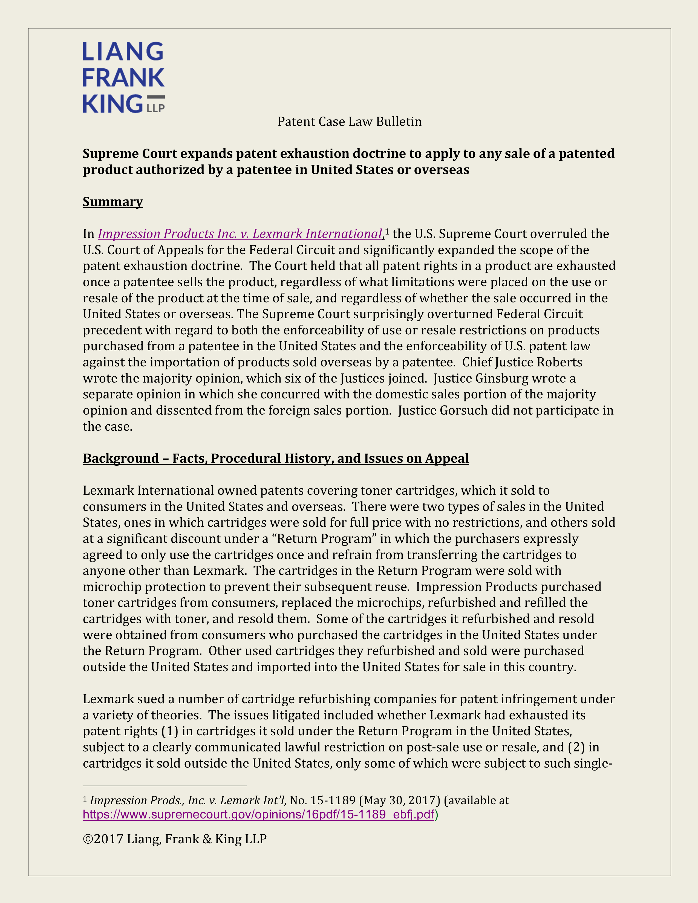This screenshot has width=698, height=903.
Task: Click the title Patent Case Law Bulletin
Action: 350,121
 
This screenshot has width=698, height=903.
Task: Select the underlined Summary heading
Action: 113,202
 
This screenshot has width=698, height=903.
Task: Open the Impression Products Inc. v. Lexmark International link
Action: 240,234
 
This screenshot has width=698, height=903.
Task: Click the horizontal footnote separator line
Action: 165,785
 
